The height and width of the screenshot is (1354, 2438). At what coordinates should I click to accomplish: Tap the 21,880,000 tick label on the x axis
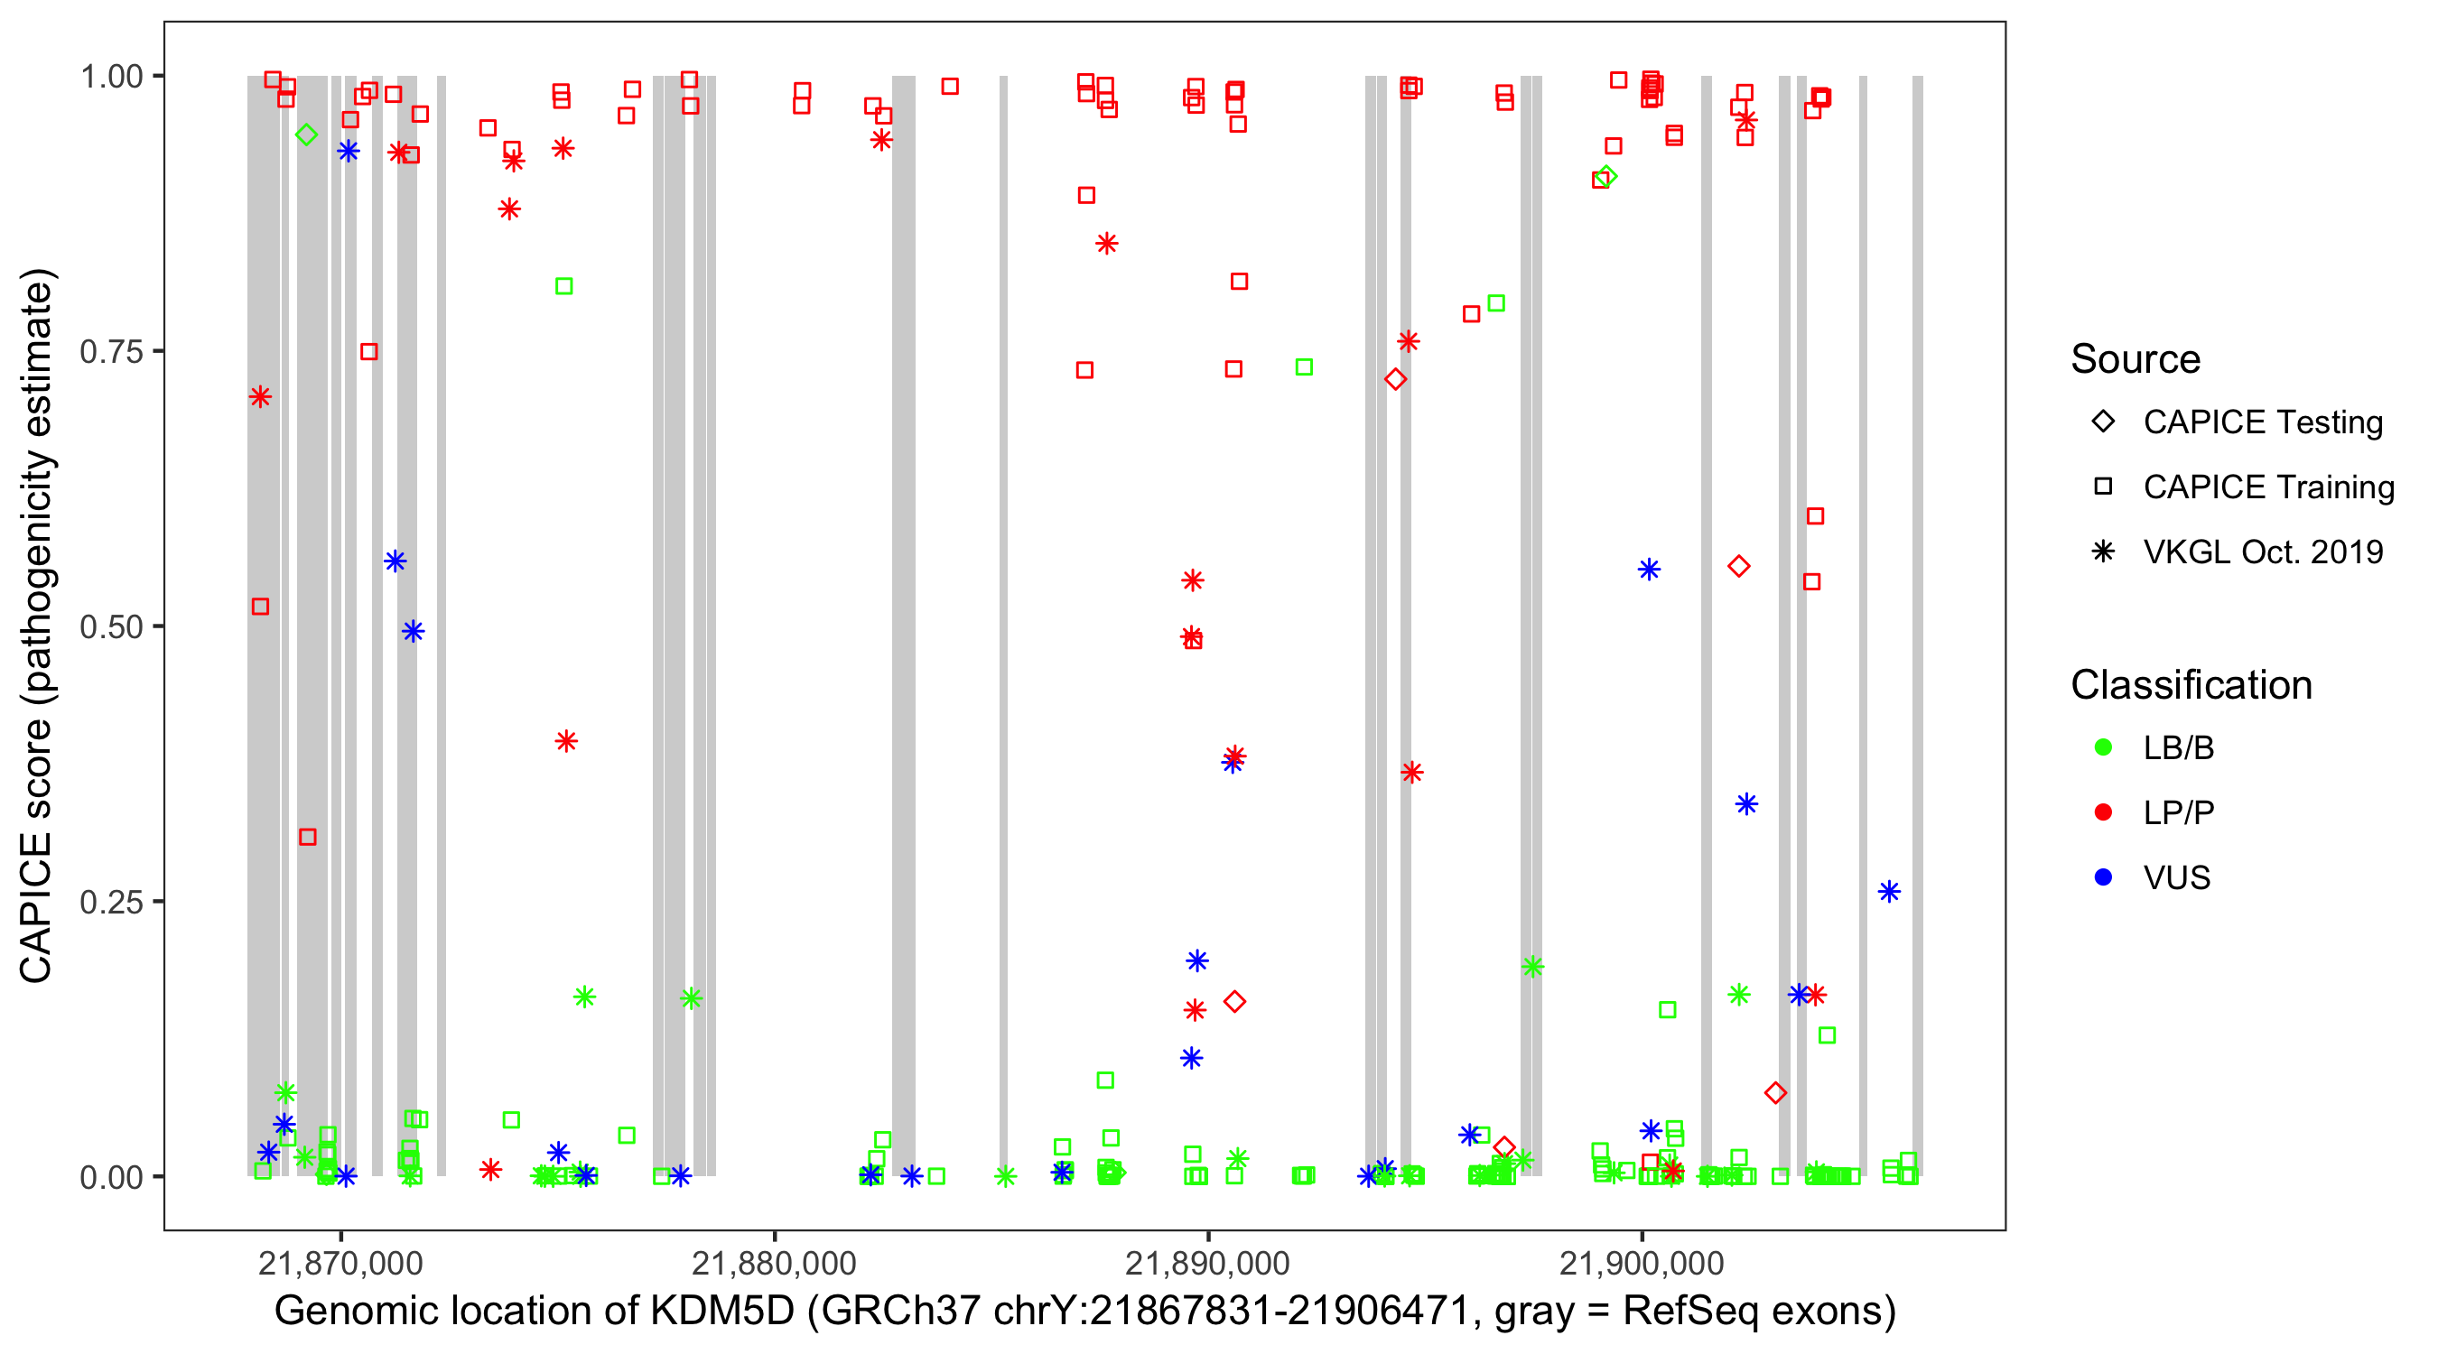pos(773,1263)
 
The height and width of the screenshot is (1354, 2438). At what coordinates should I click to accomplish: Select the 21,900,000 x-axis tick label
pos(1641,1263)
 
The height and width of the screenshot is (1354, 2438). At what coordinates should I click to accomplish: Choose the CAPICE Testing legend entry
pos(2262,422)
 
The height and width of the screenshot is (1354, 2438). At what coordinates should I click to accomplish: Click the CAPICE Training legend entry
pos(2267,487)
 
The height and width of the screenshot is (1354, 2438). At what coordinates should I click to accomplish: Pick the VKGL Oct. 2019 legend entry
pos(2262,552)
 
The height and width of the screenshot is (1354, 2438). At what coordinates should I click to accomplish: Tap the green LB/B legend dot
pos(2103,747)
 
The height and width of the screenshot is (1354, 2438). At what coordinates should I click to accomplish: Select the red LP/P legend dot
pos(2103,812)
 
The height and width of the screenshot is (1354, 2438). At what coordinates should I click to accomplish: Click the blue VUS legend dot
pos(2103,878)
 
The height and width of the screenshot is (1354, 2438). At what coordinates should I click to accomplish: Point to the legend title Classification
pos(2190,685)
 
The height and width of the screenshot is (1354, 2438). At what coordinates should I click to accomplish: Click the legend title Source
pos(2136,359)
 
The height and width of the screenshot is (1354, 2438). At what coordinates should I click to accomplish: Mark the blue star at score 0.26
pos(1889,891)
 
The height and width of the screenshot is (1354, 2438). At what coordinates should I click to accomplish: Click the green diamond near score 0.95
pos(306,134)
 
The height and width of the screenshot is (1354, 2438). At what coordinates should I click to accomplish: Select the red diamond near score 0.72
pos(1395,379)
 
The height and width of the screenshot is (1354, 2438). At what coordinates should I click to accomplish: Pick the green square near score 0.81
pos(564,286)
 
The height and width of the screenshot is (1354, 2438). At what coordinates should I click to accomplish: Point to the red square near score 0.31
pos(308,837)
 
